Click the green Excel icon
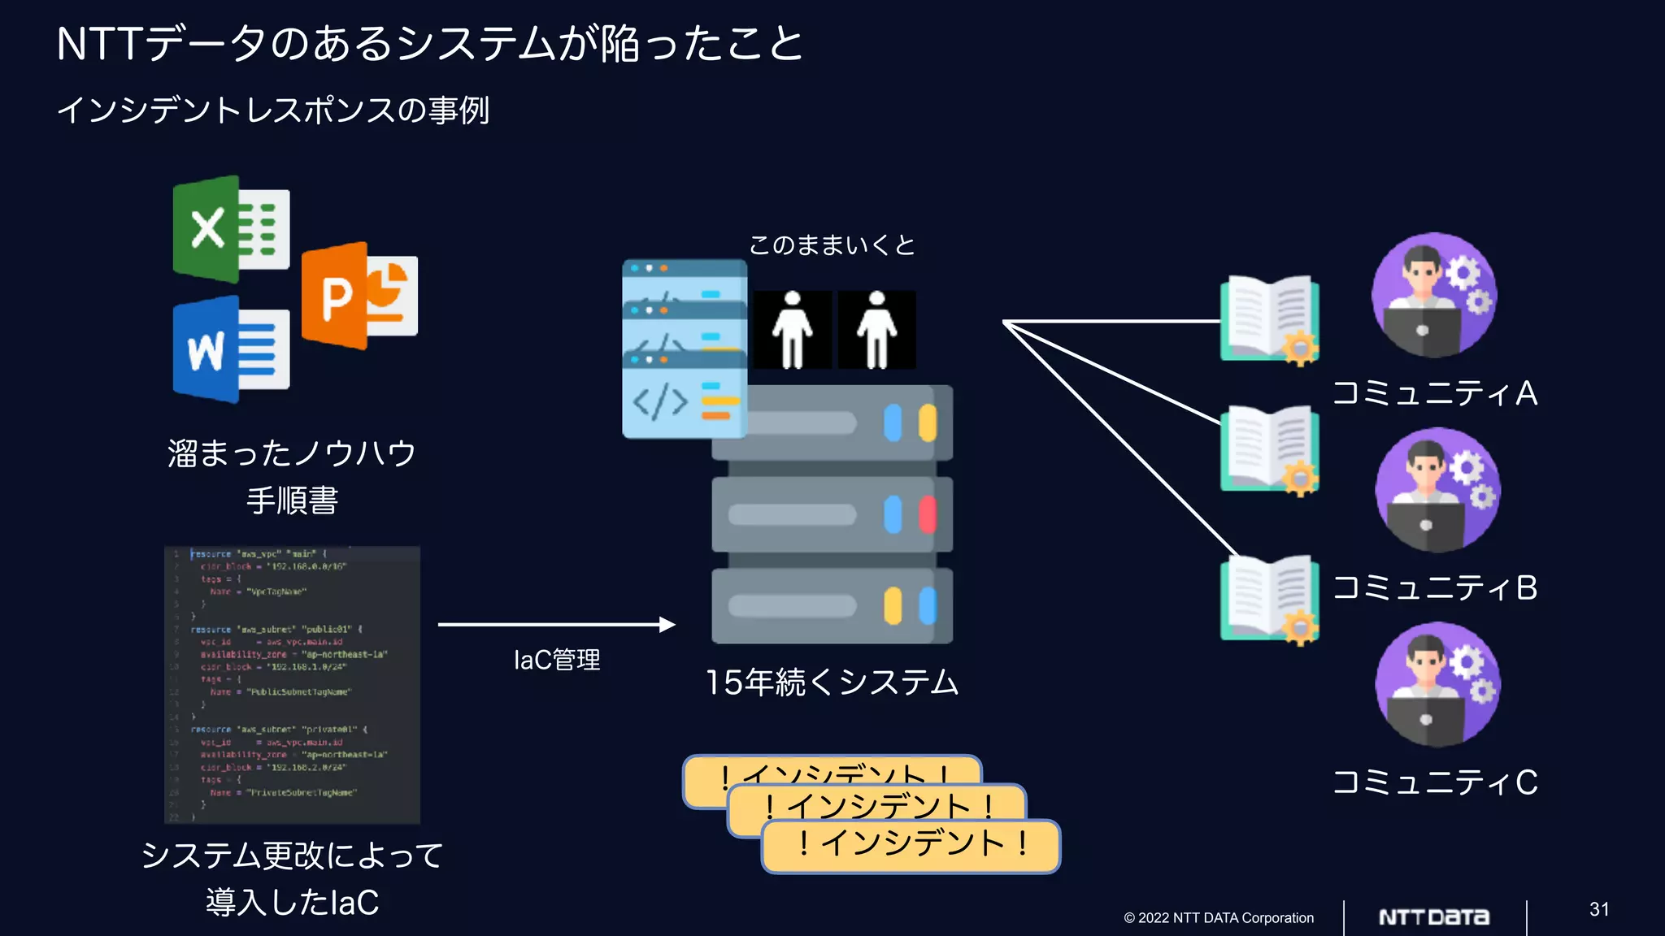(x=231, y=229)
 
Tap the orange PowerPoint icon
(x=359, y=296)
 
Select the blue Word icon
(x=231, y=349)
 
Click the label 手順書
(x=292, y=500)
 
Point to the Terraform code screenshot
(x=292, y=684)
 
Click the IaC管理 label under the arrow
(x=557, y=660)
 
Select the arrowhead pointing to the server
(x=667, y=624)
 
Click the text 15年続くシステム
(x=832, y=682)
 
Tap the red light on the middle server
(x=927, y=515)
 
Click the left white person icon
(x=792, y=330)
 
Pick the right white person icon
(x=876, y=330)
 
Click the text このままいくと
(x=832, y=245)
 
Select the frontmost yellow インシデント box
(x=911, y=846)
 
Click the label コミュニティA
(x=1435, y=393)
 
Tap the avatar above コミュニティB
(x=1437, y=491)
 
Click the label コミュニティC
(x=1435, y=782)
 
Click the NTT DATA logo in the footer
(x=1434, y=917)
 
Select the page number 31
(x=1599, y=909)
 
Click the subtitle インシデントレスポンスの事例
(x=273, y=110)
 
